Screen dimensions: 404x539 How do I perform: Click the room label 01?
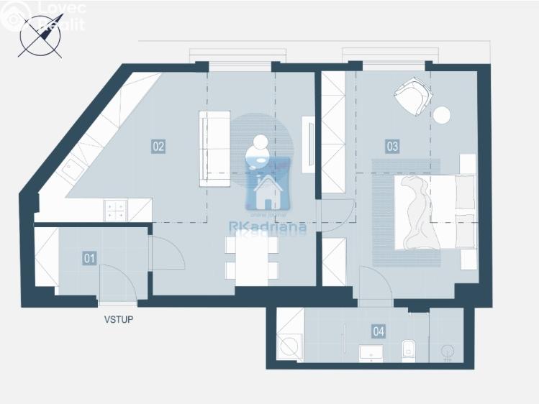coord(90,257)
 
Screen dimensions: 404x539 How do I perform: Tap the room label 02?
coord(158,146)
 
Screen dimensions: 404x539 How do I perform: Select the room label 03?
coord(392,146)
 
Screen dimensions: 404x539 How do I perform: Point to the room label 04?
coord(379,331)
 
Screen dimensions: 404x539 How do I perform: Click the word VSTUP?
coord(118,318)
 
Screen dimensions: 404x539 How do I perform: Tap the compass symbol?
coord(40,36)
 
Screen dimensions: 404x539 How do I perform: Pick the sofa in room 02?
coord(214,144)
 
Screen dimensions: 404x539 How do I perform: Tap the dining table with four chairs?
coord(251,258)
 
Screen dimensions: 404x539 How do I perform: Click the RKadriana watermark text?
coord(267,226)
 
